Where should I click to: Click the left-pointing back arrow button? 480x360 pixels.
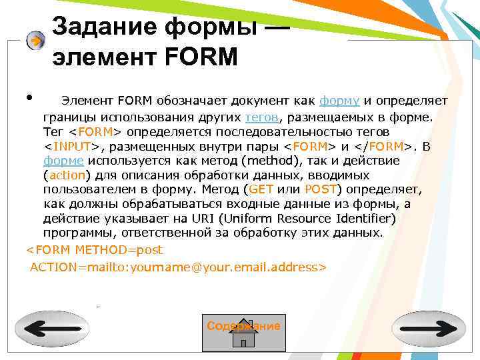coord(52,328)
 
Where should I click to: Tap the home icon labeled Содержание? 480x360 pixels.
coord(243,333)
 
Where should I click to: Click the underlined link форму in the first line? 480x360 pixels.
coord(340,101)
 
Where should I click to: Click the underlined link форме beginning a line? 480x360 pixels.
coord(63,161)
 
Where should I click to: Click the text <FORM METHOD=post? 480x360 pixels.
coord(94,250)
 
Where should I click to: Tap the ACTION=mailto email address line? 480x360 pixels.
coord(178,267)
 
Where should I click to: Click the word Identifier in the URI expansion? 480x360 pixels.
coord(369,219)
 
